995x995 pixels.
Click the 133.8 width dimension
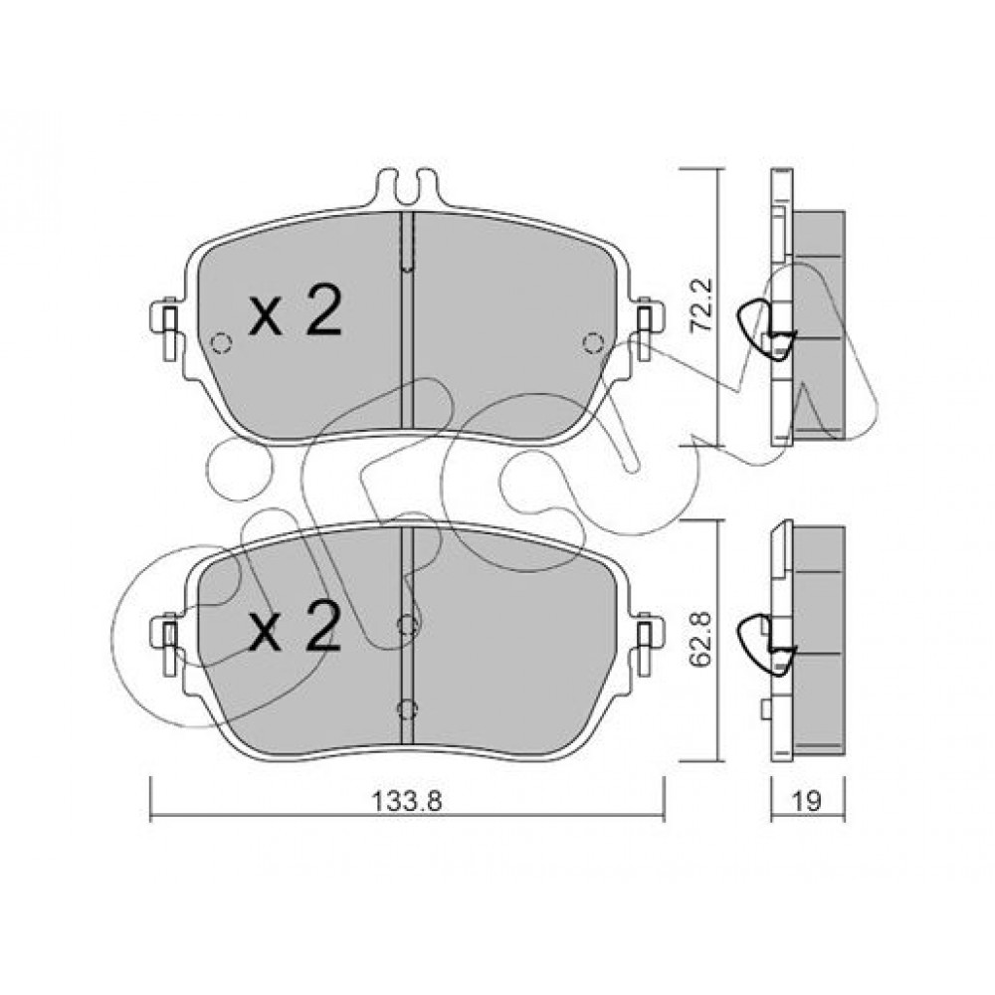[x=406, y=801]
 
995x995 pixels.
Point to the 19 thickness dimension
[x=807, y=801]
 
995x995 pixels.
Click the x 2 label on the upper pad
[x=296, y=310]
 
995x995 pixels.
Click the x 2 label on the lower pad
[x=296, y=627]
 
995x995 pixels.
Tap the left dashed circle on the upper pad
[x=221, y=343]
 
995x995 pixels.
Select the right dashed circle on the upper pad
[x=593, y=343]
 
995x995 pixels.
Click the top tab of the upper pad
[x=407, y=186]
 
